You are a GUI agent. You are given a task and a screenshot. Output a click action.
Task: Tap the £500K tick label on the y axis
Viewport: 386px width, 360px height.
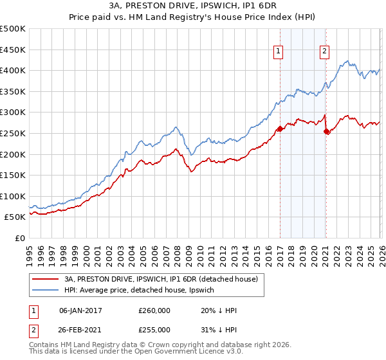click(13, 29)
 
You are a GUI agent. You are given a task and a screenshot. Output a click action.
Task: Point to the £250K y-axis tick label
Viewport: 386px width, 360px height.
click(13, 133)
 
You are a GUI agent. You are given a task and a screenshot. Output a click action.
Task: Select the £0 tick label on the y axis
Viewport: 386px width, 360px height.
click(20, 238)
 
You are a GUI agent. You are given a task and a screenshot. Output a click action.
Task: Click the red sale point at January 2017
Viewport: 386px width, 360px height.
click(280, 129)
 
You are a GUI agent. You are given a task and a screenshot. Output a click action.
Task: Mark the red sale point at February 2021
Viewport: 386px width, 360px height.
click(327, 131)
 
